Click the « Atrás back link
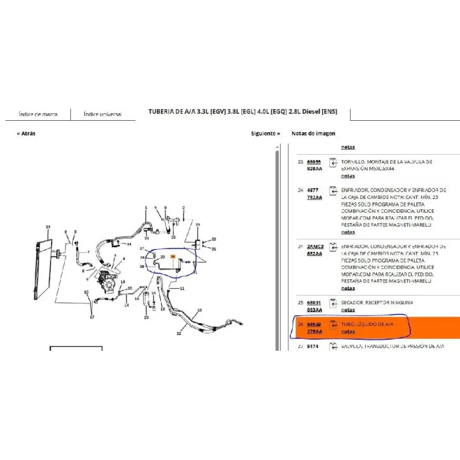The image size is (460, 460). [x=26, y=133]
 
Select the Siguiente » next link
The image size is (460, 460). [x=265, y=133]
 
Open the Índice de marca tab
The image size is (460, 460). [x=38, y=114]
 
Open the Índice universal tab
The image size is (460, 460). [x=102, y=114]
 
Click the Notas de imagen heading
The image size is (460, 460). [x=313, y=133]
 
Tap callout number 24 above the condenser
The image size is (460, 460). [x=48, y=227]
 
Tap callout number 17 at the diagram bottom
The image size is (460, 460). [x=92, y=317]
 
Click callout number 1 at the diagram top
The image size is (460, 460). [x=145, y=208]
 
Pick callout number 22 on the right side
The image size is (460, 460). [x=213, y=239]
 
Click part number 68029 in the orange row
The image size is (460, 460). [x=314, y=324]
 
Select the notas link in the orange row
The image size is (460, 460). [x=348, y=332]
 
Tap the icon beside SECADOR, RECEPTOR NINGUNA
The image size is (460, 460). [x=332, y=304]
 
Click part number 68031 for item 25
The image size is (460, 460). [x=314, y=302]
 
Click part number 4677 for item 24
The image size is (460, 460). [x=312, y=190]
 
